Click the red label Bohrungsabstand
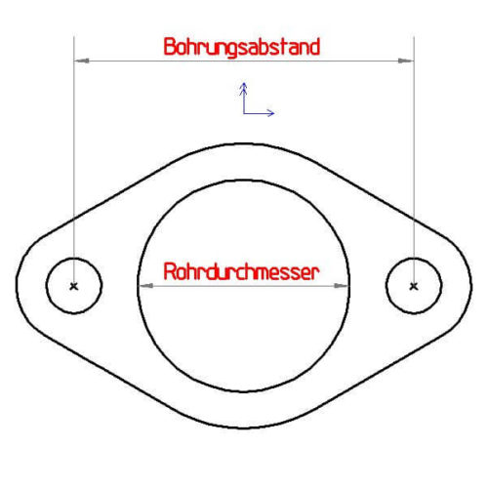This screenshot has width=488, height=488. point(242,47)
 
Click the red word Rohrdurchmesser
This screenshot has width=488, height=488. point(241,272)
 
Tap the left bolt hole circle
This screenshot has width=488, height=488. point(46,286)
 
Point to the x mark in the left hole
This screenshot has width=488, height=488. point(74,286)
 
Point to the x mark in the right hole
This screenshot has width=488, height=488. point(414,286)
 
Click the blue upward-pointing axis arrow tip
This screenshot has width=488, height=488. point(243,83)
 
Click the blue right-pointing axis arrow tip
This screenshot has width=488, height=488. point(274,113)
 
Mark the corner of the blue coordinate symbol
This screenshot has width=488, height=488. point(244,113)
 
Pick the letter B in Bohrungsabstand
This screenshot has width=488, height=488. point(170,47)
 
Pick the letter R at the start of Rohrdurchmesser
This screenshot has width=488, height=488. point(170,272)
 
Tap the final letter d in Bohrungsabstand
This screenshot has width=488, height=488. point(314,47)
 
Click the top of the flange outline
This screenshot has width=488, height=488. point(243,143)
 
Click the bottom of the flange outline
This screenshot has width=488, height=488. point(243,427)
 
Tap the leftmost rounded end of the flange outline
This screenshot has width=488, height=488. point(17,285)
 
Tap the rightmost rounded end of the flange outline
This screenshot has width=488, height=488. point(471,286)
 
